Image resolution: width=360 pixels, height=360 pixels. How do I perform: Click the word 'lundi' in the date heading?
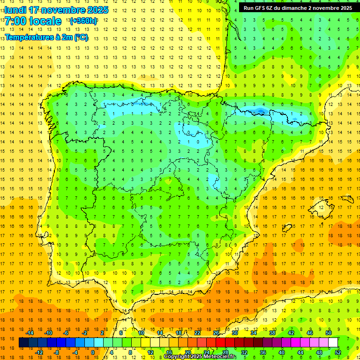(15, 10)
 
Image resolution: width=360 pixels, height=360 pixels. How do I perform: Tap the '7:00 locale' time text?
(33, 21)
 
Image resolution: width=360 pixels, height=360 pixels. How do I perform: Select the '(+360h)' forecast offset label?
(83, 21)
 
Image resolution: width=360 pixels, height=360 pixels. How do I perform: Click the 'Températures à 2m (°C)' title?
(46, 37)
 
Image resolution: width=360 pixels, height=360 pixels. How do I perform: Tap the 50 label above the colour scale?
(329, 333)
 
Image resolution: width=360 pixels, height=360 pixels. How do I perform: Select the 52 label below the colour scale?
(338, 352)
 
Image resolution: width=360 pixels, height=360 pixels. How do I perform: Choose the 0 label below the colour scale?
(93, 352)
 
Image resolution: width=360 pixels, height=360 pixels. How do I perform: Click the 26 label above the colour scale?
(216, 333)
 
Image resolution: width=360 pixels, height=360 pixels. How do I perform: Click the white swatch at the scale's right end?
(333, 343)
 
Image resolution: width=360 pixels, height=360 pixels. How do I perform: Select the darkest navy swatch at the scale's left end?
(24, 343)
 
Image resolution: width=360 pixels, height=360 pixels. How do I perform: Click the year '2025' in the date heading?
(97, 10)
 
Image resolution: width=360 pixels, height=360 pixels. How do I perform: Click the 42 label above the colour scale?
(291, 333)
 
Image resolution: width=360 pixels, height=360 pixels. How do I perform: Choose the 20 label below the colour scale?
(187, 352)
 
